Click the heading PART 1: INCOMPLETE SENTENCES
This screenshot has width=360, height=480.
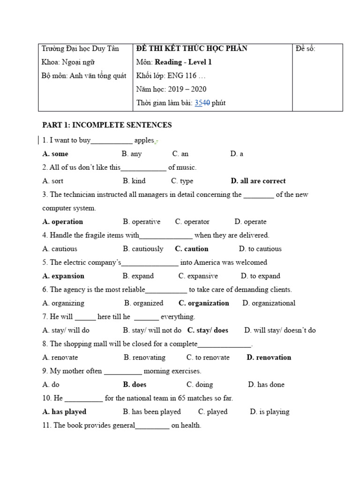pyautogui.click(x=107, y=125)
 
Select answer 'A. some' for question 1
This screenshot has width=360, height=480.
pyautogui.click(x=55, y=154)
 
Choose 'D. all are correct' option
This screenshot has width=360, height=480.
pyautogui.click(x=258, y=181)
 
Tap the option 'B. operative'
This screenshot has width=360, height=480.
pyautogui.click(x=142, y=222)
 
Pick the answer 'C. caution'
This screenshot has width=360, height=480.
pyautogui.click(x=191, y=249)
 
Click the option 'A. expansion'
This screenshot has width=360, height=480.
pyautogui.click(x=63, y=276)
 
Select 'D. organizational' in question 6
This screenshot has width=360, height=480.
pyautogui.click(x=269, y=303)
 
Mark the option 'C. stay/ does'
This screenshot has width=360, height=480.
pyautogui.click(x=208, y=330)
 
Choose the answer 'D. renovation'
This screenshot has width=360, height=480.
pyautogui.click(x=269, y=358)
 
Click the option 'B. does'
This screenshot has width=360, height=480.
pyautogui.click(x=135, y=385)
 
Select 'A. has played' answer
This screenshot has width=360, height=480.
pyautogui.click(x=64, y=412)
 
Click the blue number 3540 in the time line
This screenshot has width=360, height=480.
pyautogui.click(x=202, y=103)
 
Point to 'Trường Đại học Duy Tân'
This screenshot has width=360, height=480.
pyautogui.click(x=80, y=49)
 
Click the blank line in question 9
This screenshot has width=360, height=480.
pyautogui.click(x=122, y=371)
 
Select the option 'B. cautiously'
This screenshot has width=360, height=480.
pyautogui.click(x=143, y=249)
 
